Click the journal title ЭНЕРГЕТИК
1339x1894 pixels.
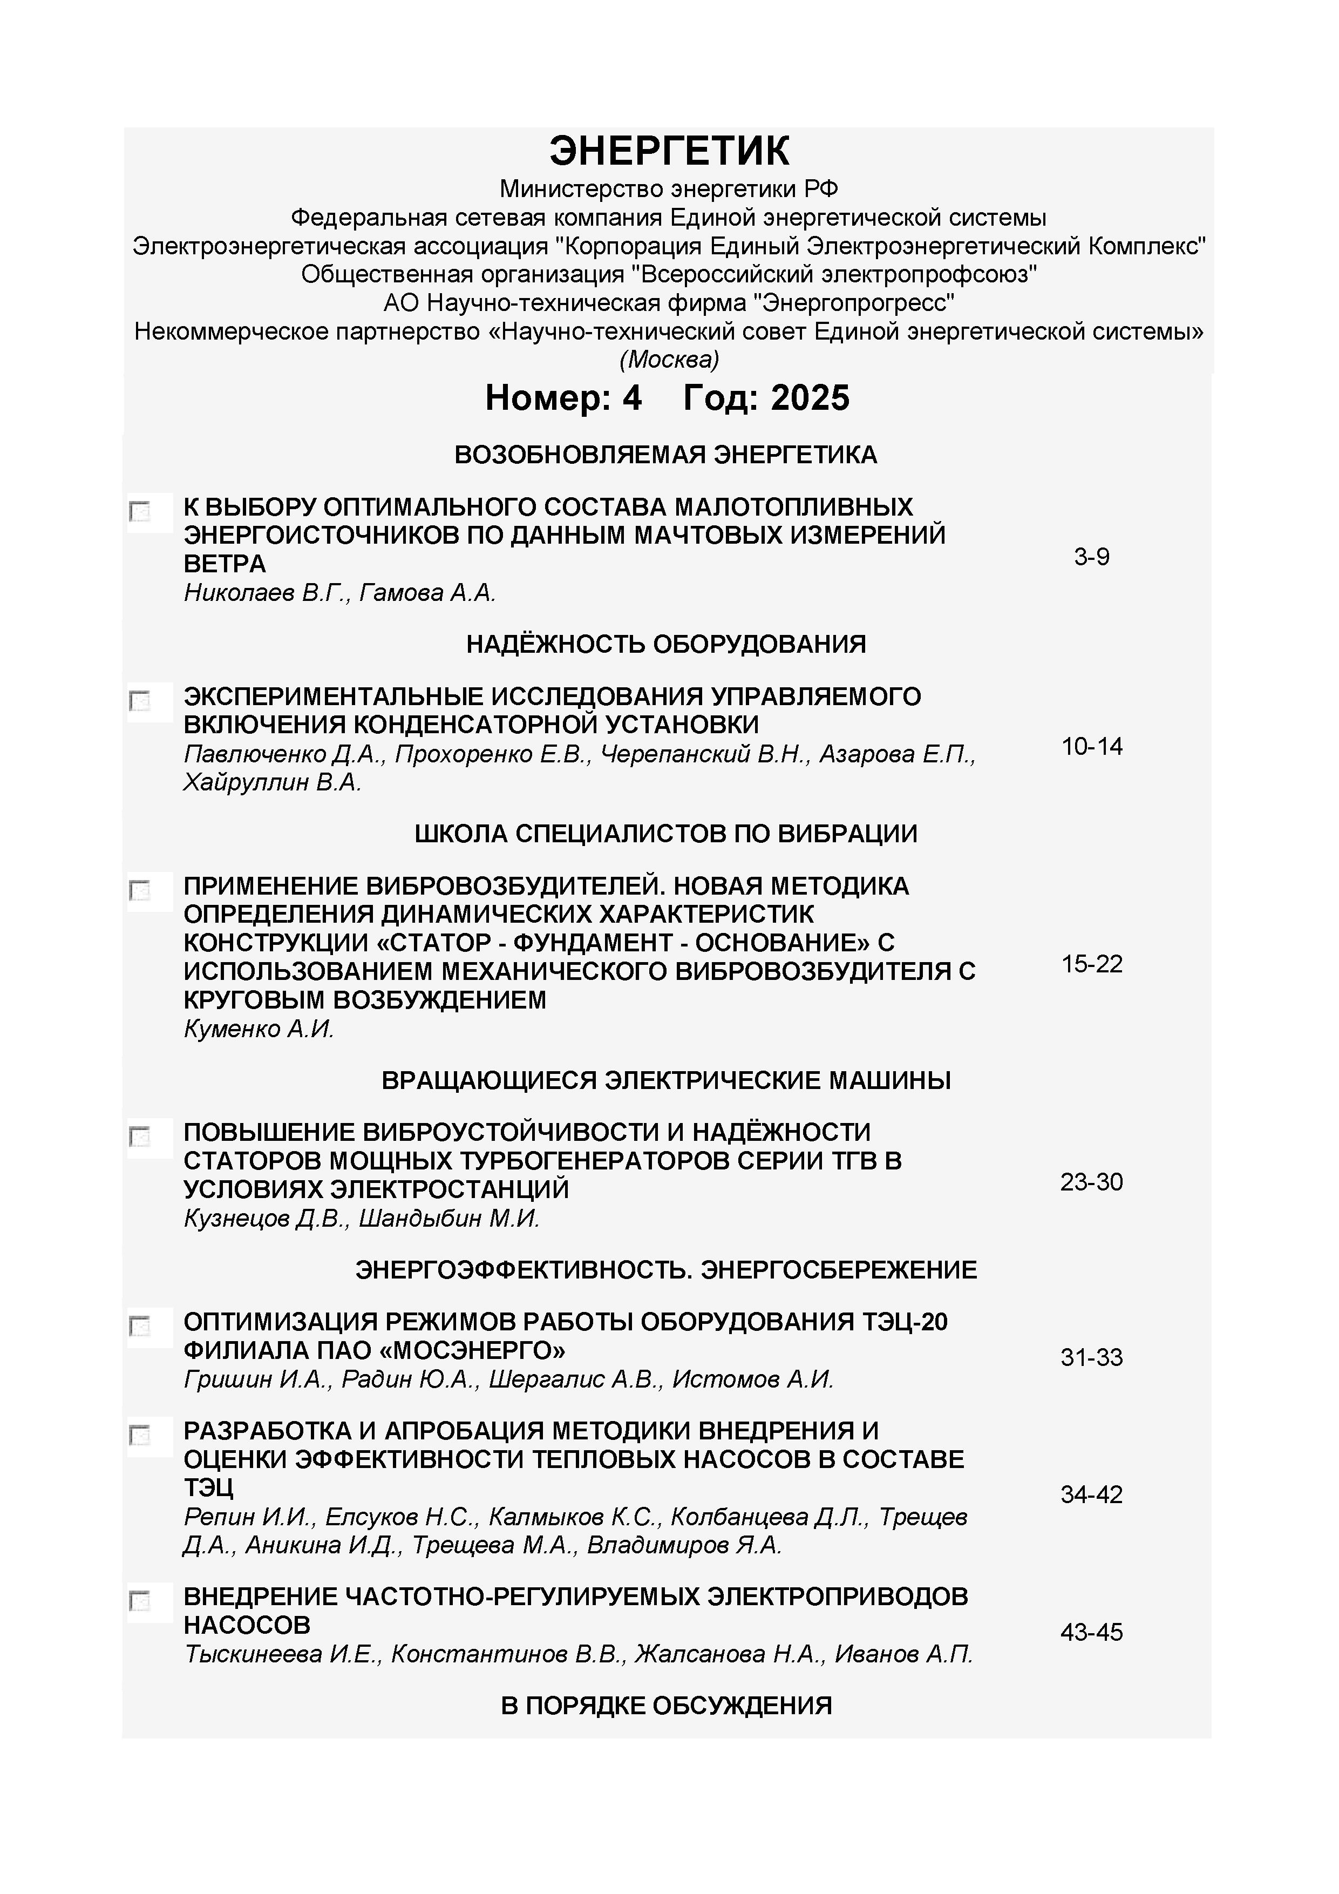click(669, 152)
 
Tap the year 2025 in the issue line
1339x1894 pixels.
click(810, 398)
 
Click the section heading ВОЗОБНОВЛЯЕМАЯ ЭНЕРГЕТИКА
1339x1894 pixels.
click(665, 455)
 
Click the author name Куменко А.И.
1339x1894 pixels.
click(258, 1030)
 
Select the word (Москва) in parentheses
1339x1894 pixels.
click(669, 360)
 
